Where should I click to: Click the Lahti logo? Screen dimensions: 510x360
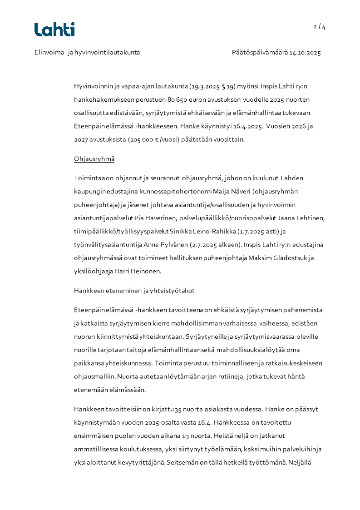coord(54,30)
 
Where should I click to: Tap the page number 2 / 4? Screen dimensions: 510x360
coord(319,26)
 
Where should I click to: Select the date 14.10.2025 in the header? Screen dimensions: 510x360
coord(305,53)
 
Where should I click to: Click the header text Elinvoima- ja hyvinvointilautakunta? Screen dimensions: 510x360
coord(87,53)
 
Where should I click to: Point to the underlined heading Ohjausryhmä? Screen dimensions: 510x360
coord(94,159)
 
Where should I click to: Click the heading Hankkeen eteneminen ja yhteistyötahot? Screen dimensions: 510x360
coord(134,291)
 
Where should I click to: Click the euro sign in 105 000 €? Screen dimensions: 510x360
coord(157,139)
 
